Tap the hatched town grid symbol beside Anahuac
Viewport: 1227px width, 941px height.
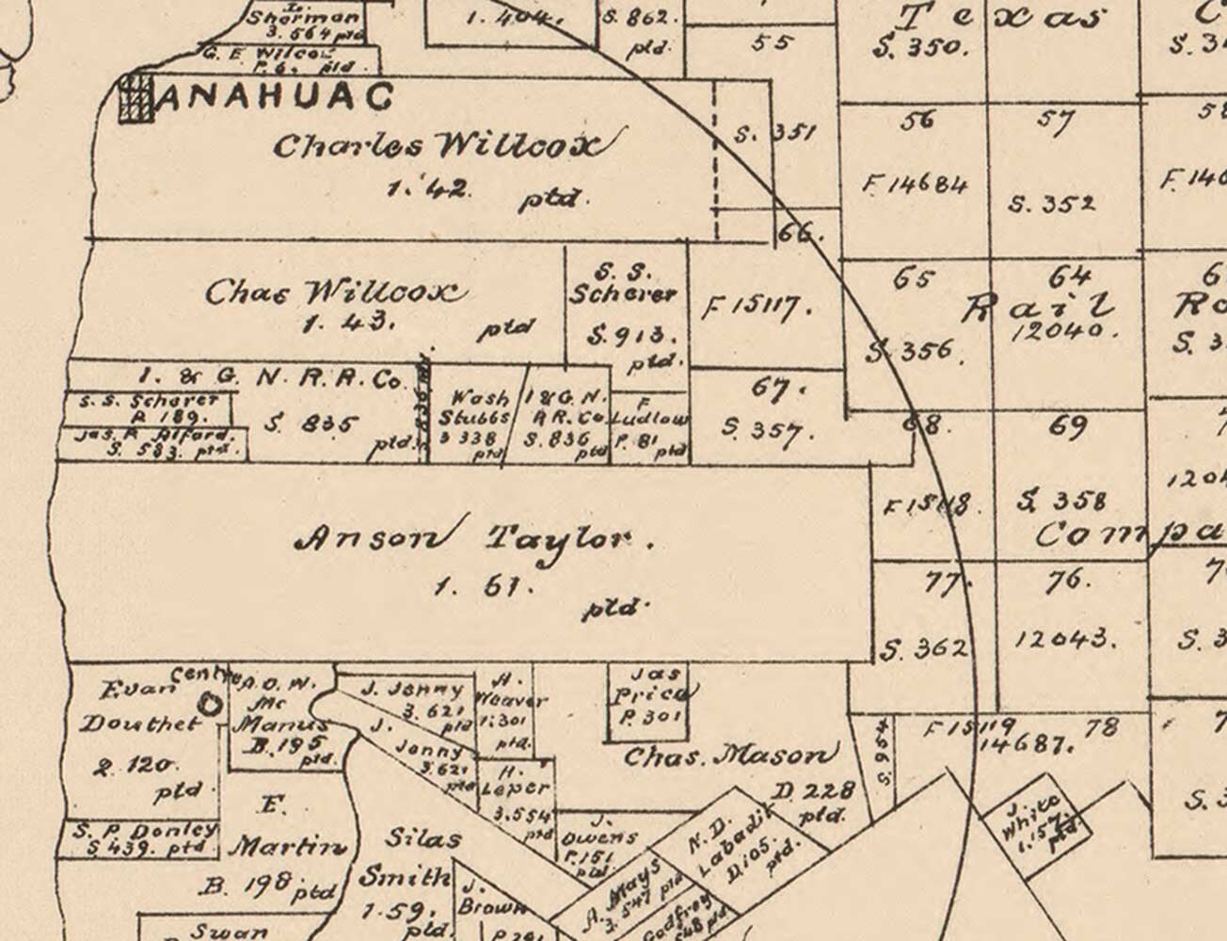(135, 98)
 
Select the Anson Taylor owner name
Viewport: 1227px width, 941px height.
(473, 538)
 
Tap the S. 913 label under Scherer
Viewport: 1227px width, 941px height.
(626, 335)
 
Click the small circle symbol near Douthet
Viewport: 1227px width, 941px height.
(209, 704)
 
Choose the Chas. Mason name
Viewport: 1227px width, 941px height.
(729, 755)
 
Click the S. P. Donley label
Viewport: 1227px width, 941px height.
(146, 832)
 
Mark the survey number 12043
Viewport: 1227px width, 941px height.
(1065, 639)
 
